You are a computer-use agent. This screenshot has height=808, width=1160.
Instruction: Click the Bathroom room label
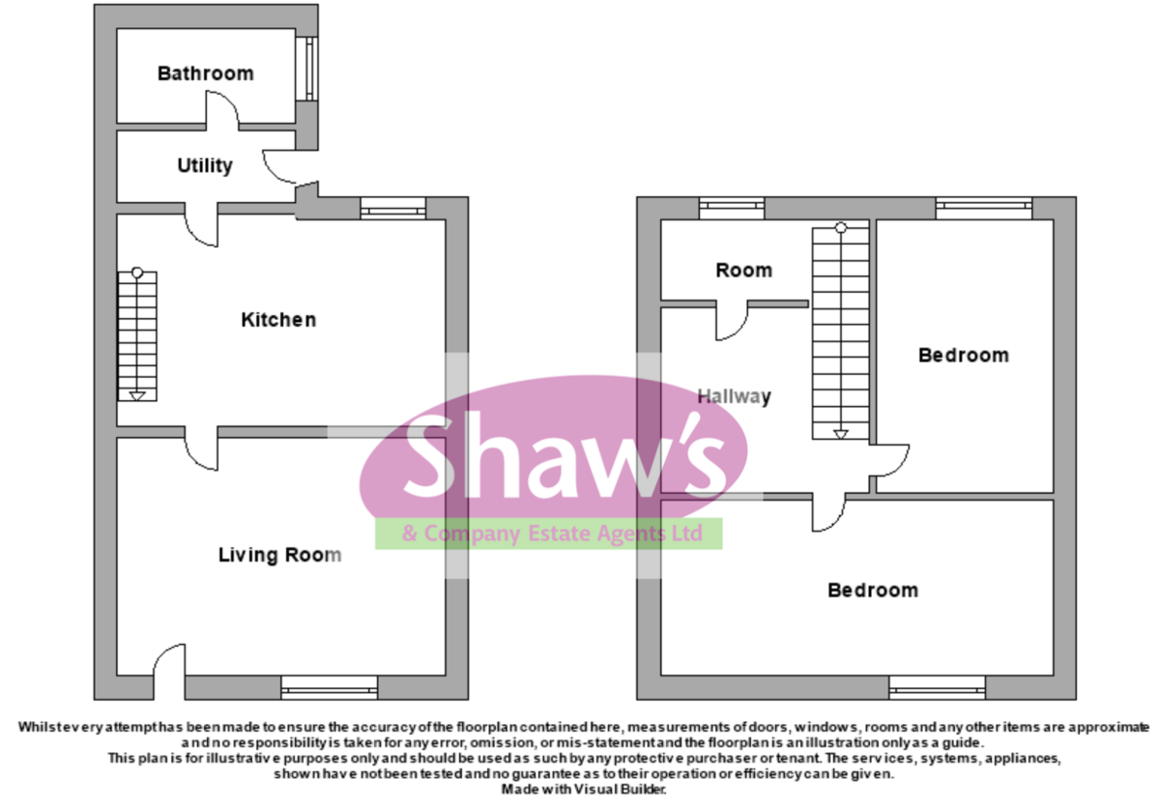pyautogui.click(x=206, y=73)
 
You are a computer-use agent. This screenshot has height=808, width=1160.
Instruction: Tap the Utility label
pyautogui.click(x=205, y=166)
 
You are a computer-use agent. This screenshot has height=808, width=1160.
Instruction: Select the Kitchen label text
pyautogui.click(x=278, y=320)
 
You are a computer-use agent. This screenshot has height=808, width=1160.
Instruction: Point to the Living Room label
pyautogui.click(x=279, y=555)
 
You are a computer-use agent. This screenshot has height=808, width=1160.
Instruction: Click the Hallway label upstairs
pyautogui.click(x=735, y=396)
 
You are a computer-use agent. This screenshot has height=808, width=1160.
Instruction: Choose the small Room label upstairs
pyautogui.click(x=743, y=271)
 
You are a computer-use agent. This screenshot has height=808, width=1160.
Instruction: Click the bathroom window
pyautogui.click(x=309, y=69)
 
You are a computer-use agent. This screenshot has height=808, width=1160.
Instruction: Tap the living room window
pyautogui.click(x=330, y=688)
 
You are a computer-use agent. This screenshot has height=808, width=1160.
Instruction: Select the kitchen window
pyautogui.click(x=393, y=208)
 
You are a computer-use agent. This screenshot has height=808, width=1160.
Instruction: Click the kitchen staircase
pyautogui.click(x=137, y=335)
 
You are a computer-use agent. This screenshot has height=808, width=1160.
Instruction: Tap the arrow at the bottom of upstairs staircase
pyautogui.click(x=841, y=434)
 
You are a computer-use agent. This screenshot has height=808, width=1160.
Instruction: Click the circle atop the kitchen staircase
pyautogui.click(x=137, y=273)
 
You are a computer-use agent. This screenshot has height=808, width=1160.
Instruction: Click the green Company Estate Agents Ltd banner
pyautogui.click(x=549, y=534)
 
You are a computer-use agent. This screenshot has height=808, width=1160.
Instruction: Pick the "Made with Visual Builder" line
pyautogui.click(x=584, y=790)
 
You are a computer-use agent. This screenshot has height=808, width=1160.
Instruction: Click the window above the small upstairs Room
pyautogui.click(x=732, y=208)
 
